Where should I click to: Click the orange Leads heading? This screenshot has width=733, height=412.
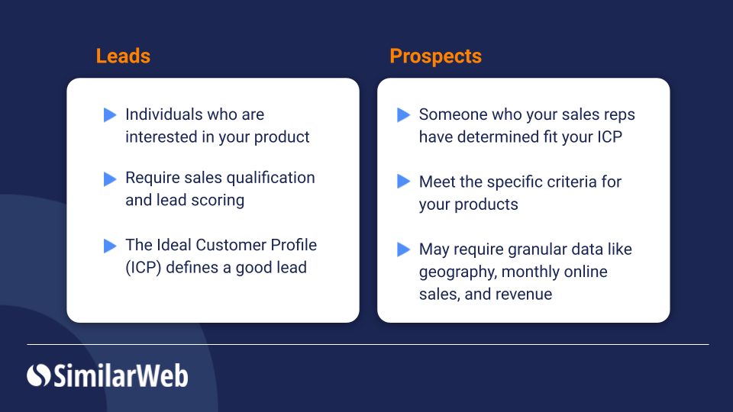[123, 56]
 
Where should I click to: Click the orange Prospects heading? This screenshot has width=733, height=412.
[435, 56]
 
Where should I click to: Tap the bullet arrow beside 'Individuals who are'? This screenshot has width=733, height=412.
[110, 115]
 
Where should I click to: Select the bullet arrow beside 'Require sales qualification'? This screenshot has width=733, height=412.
[110, 179]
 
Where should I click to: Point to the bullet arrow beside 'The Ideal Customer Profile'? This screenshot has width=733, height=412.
[110, 246]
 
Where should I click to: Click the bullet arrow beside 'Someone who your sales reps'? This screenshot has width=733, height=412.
[403, 115]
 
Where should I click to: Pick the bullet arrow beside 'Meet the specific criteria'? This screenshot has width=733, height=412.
[403, 182]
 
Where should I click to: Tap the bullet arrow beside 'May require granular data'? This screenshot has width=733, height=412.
[403, 249]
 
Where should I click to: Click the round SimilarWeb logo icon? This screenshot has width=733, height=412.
[38, 375]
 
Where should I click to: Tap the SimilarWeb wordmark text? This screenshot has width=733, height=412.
[121, 375]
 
